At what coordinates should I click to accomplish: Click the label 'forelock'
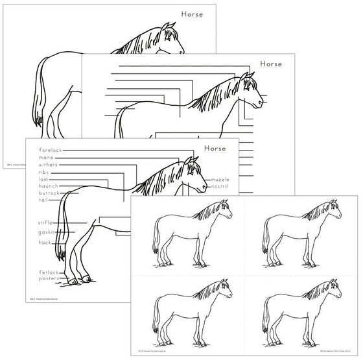pos(51,150)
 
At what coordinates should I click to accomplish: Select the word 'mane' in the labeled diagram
pos(46,157)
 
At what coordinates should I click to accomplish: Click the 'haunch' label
pos(49,186)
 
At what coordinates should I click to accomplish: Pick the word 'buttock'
pos(49,193)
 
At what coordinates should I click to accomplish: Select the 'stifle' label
pos(45,222)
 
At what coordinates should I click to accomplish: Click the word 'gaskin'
pos(47,232)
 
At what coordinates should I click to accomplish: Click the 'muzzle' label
pos(220,179)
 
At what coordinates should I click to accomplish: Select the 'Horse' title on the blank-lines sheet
pos(272,64)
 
